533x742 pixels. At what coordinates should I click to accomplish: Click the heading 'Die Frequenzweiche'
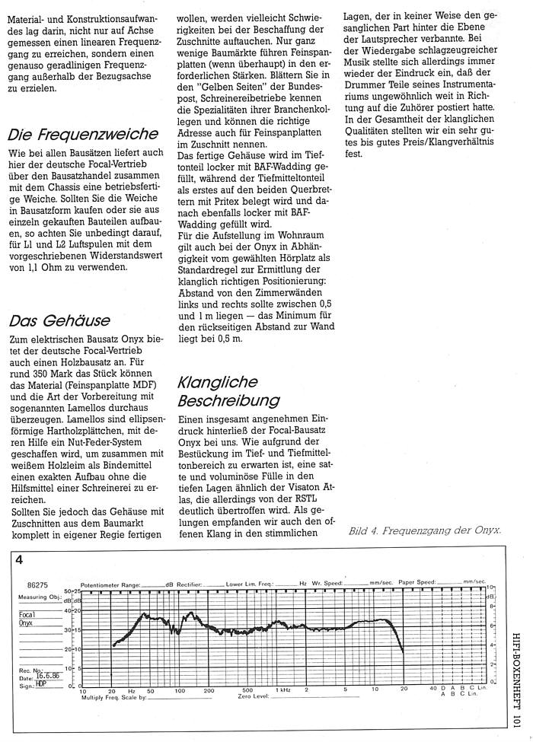82,135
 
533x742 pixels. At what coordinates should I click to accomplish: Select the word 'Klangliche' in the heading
217,382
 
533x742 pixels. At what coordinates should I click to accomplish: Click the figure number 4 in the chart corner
20,560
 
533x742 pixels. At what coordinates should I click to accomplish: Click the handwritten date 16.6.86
48,675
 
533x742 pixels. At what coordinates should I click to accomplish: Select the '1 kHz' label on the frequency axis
283,689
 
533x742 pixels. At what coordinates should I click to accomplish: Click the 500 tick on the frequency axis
245,689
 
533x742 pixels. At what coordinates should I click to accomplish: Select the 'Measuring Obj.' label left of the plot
37,597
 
